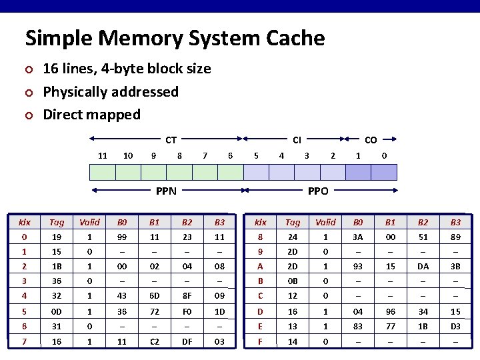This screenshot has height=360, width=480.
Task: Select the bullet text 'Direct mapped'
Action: tap(91, 115)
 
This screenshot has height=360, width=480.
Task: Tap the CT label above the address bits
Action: tap(171, 140)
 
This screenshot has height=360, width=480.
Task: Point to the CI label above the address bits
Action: tap(297, 140)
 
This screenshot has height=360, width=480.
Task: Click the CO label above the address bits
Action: tap(371, 140)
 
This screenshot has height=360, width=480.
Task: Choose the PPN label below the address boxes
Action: tap(166, 191)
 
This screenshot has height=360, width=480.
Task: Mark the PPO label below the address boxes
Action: tap(318, 191)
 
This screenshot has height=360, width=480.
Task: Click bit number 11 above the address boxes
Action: tap(103, 155)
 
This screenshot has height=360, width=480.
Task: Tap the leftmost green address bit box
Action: tap(102, 172)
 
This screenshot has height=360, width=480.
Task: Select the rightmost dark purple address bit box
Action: tap(383, 172)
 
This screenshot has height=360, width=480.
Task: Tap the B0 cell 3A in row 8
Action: tap(358, 237)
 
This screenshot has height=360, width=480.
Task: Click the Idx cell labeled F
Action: tap(261, 342)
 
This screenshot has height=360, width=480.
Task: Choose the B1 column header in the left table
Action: tap(154, 222)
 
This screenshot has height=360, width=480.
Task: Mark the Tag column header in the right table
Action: tap(293, 222)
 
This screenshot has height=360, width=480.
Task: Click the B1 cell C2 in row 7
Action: tap(154, 342)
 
